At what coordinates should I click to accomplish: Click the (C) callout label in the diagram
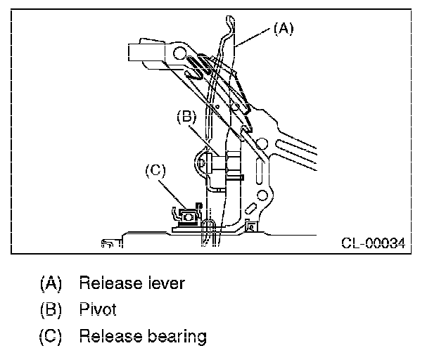pyautogui.click(x=155, y=169)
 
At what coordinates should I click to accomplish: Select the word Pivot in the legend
pyautogui.click(x=97, y=309)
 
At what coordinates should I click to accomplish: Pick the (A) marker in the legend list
pyautogui.click(x=50, y=283)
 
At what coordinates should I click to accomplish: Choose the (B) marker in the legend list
pyautogui.click(x=50, y=309)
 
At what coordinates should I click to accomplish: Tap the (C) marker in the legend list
pyautogui.click(x=50, y=336)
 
